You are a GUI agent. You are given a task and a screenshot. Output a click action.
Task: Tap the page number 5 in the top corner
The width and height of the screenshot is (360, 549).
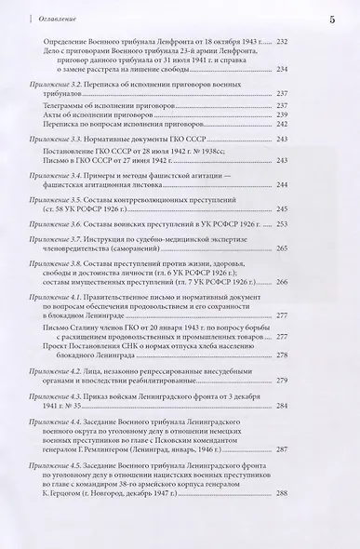(x=332, y=17)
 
